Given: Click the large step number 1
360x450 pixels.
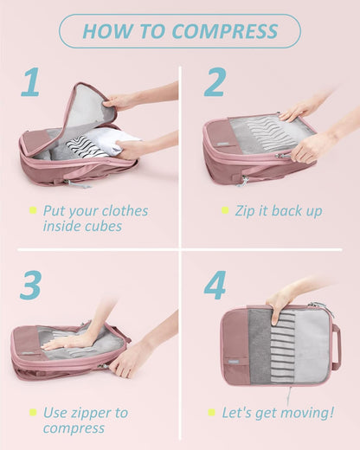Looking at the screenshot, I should pyautogui.click(x=30, y=83).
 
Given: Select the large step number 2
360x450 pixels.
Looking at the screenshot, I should pyautogui.click(x=215, y=83).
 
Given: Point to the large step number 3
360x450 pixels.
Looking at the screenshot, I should pyautogui.click(x=30, y=286).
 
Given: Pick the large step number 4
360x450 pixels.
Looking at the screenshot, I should pyautogui.click(x=215, y=286).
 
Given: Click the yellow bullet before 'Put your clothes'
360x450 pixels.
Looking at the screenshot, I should pyautogui.click(x=33, y=210).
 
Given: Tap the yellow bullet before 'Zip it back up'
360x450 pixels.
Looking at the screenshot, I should pyautogui.click(x=225, y=210).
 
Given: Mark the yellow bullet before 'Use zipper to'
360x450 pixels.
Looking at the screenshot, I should pyautogui.click(x=33, y=412).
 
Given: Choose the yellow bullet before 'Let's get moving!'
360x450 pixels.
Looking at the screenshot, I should pyautogui.click(x=225, y=412).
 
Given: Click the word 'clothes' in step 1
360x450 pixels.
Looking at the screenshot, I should pyautogui.click(x=123, y=211).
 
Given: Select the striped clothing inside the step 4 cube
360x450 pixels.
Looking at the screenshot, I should pyautogui.click(x=282, y=346).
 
